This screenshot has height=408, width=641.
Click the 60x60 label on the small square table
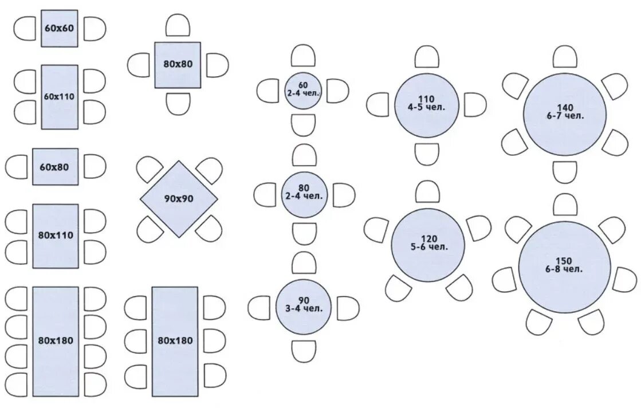pyautogui.click(x=60, y=28)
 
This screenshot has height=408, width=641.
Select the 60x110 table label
pyautogui.click(x=60, y=96)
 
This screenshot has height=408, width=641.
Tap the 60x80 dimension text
pyautogui.click(x=55, y=167)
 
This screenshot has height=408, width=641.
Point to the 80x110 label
pyautogui.click(x=56, y=235)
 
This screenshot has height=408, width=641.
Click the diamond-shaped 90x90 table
pyautogui.click(x=179, y=198)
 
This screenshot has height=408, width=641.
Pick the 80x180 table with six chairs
pyautogui.click(x=175, y=340)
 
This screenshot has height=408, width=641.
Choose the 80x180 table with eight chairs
pyautogui.click(x=56, y=340)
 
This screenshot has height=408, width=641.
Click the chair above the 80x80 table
pyautogui.click(x=178, y=26)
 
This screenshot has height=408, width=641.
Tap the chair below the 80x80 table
pyautogui.click(x=178, y=103)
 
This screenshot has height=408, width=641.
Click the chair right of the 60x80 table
pyautogui.click(x=95, y=166)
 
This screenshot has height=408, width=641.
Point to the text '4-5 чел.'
pyautogui.click(x=426, y=107)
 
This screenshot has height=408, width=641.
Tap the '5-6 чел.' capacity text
pyautogui.click(x=427, y=247)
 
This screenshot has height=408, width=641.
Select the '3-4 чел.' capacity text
pyautogui.click(x=304, y=308)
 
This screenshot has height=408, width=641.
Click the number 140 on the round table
pyautogui.click(x=565, y=107)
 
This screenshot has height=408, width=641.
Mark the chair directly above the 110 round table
pyautogui.click(x=427, y=57)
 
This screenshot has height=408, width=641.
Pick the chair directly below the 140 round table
pyautogui.click(x=565, y=172)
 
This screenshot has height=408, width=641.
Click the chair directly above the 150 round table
pyautogui.click(x=565, y=205)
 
